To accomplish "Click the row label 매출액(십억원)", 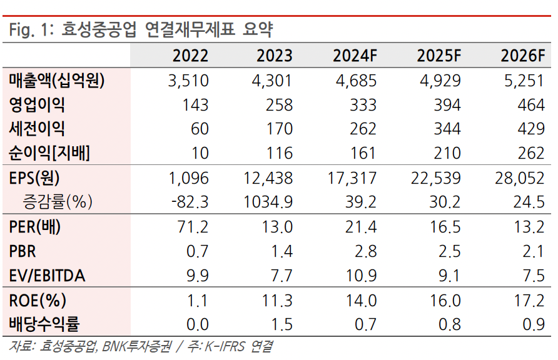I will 57,80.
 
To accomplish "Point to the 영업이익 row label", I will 37,104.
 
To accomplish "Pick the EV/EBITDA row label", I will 47,276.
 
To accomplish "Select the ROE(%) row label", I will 38,301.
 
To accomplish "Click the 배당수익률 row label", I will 46,324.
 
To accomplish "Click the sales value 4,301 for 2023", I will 274,80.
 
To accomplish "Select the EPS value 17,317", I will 352,178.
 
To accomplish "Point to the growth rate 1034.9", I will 267,202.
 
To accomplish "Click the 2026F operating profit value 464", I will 531,104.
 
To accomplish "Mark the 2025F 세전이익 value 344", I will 447,129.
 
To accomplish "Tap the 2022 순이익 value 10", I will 200,153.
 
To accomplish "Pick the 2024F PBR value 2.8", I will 365,251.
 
